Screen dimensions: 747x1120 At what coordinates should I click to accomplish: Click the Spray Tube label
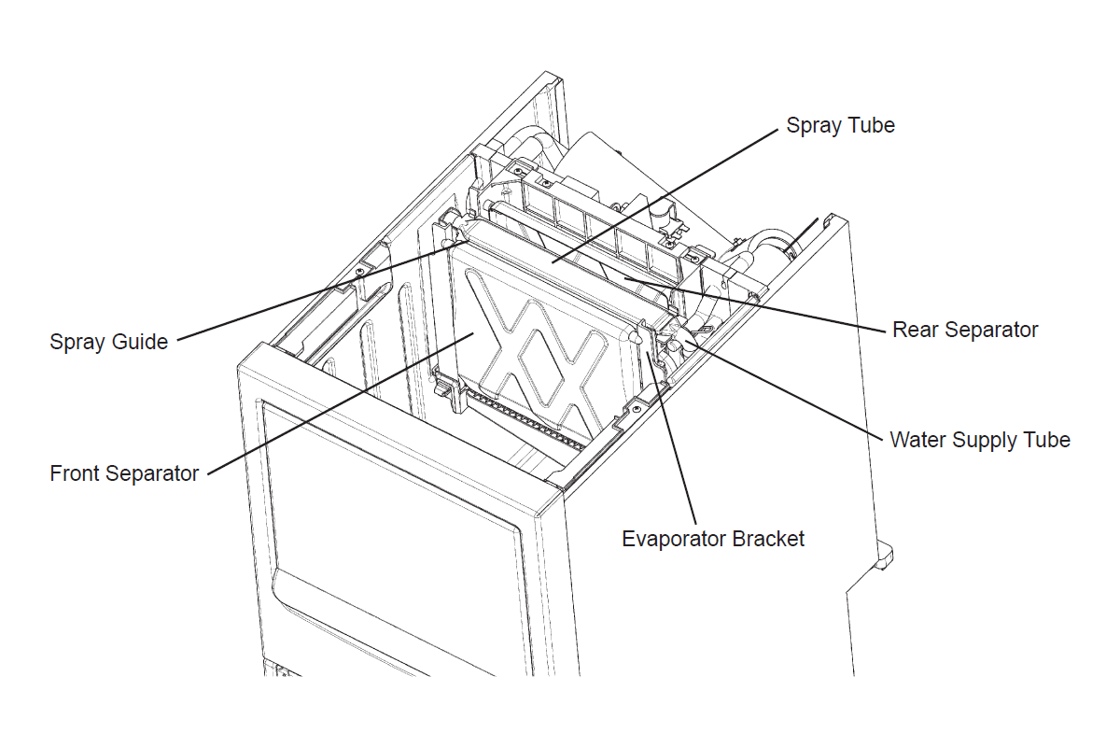(x=840, y=125)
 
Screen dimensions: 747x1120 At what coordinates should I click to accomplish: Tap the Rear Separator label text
(x=965, y=330)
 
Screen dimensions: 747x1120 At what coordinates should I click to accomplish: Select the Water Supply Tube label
(x=980, y=439)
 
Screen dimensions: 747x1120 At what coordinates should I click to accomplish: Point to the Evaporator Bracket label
(x=713, y=539)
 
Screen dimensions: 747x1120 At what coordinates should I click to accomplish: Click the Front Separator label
(x=124, y=473)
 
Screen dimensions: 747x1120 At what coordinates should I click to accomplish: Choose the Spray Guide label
(x=109, y=342)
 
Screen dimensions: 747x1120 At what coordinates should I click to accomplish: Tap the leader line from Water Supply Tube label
(x=784, y=388)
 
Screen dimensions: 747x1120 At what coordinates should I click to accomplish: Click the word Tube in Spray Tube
(x=870, y=125)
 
